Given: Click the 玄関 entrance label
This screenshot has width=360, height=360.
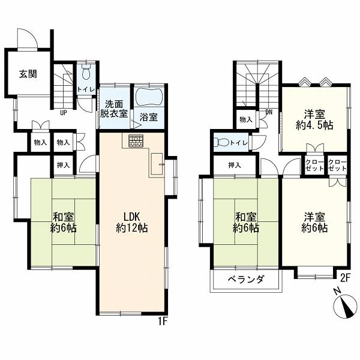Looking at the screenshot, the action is [28, 74].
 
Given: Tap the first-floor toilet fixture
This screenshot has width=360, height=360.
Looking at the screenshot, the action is [86, 71].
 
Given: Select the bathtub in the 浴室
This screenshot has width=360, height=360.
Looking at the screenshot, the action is [149, 97].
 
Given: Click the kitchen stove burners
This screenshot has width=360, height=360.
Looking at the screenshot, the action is [136, 140].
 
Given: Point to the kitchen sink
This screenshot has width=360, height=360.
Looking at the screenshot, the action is [157, 164].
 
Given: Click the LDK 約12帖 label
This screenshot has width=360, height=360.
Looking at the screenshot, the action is [132, 222].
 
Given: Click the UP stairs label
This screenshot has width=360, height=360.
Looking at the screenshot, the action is [64, 113].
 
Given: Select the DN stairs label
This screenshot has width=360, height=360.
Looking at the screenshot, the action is [269, 112].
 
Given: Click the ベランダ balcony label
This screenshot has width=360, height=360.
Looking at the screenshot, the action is [246, 279].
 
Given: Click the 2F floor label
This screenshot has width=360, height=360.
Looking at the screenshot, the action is [345, 278].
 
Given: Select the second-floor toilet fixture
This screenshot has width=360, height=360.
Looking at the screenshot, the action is [221, 143].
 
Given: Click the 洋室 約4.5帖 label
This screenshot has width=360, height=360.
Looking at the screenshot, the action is [314, 120].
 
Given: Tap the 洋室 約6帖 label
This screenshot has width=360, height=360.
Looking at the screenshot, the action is [314, 222].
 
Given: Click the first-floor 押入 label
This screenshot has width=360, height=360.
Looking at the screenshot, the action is [63, 165].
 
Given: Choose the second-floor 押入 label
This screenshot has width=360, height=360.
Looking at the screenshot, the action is [235, 165].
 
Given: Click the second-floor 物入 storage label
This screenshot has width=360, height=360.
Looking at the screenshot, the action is [246, 119].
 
